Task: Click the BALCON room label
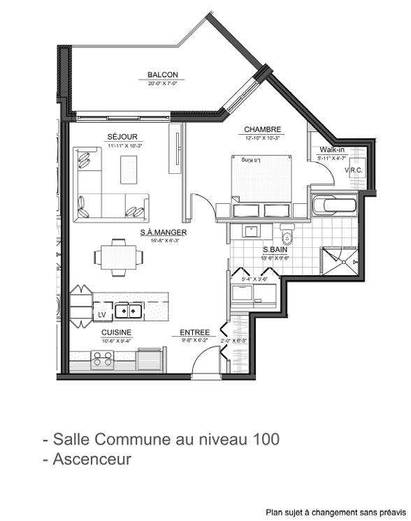162,75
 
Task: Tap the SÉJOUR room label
122,136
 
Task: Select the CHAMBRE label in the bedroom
262,129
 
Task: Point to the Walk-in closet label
331,150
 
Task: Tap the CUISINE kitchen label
115,332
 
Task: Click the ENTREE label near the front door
194,332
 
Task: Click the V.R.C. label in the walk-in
354,170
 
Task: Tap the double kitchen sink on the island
129,309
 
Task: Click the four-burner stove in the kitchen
103,360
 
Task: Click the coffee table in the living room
129,169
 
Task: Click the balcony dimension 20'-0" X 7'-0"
162,83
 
